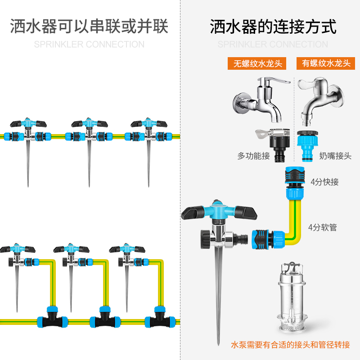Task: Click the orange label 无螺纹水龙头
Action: (x=257, y=63)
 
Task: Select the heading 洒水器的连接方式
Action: (x=273, y=27)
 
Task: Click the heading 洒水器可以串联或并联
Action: (x=89, y=27)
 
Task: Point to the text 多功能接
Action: (x=253, y=156)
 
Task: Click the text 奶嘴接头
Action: (x=335, y=156)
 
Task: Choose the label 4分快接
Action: (x=324, y=182)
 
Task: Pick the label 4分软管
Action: (x=323, y=227)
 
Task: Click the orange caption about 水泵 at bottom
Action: (x=290, y=345)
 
